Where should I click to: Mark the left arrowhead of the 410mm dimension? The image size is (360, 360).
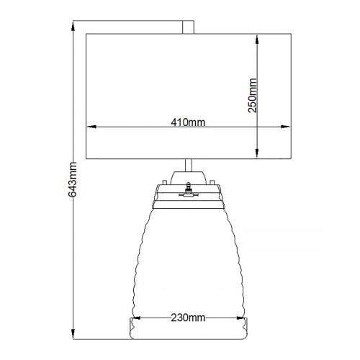(89, 128)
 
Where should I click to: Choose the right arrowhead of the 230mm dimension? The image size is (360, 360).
(243, 323)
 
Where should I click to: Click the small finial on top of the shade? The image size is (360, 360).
(189, 27)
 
